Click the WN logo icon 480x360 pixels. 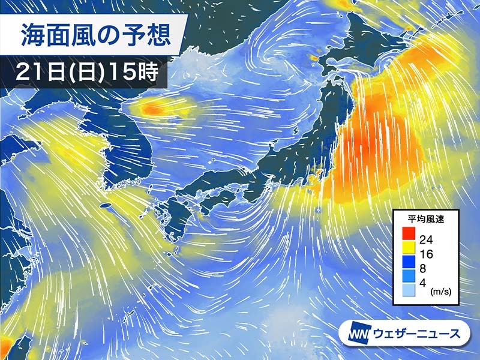[x=358, y=333]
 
